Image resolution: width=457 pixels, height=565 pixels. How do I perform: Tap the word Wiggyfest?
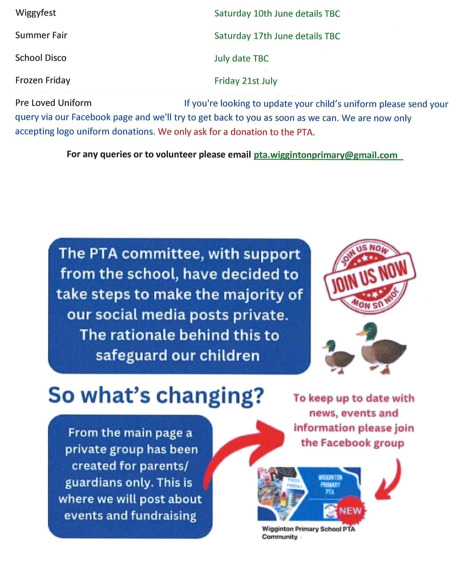(x=35, y=13)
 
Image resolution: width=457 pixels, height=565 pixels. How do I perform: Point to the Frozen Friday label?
(x=43, y=80)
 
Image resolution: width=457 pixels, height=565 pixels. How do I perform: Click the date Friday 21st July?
(x=246, y=81)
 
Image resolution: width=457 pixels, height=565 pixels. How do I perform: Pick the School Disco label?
(x=41, y=58)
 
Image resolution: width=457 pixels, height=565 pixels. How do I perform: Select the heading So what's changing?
(x=156, y=396)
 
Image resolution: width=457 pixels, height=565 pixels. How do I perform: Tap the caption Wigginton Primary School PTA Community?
(x=308, y=533)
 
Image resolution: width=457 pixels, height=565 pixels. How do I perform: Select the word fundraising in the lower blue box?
(x=163, y=516)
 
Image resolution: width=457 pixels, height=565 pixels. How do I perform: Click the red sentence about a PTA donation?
(x=236, y=132)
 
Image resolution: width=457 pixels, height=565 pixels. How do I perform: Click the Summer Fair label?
(x=41, y=35)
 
